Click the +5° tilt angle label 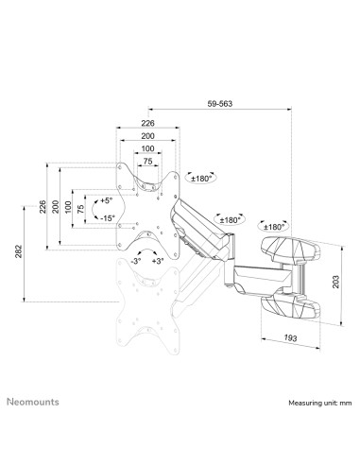pyautogui.click(x=105, y=200)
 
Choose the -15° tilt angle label pyautogui.click(x=106, y=218)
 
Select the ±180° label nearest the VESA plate pyautogui.click(x=201, y=177)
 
